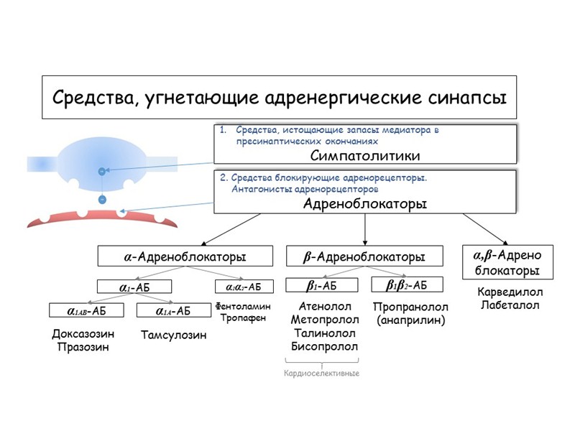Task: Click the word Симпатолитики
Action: pyautogui.click(x=365, y=155)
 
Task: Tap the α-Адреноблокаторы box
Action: pyautogui.click(x=185, y=256)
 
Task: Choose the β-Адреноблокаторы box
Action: pyautogui.click(x=365, y=256)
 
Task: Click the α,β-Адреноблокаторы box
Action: pyautogui.click(x=507, y=263)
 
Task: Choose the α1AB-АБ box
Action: pyautogui.click(x=86, y=311)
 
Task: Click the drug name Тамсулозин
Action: pyautogui.click(x=173, y=335)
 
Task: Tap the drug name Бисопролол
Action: pyautogui.click(x=324, y=347)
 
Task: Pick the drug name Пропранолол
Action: pyautogui.click(x=411, y=307)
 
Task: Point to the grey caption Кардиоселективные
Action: pyautogui.click(x=321, y=374)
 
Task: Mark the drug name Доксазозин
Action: pyautogui.click(x=83, y=334)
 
